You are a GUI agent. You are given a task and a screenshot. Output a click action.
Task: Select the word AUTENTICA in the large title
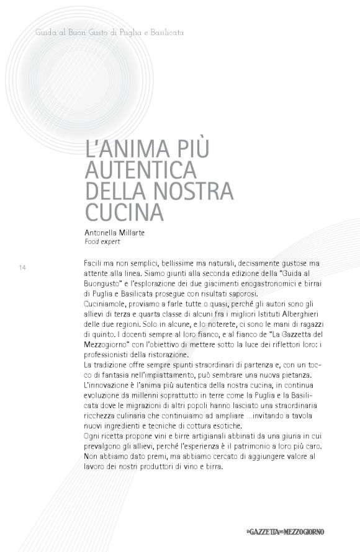[x=140, y=169]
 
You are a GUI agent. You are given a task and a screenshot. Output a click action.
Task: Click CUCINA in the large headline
[x=124, y=211]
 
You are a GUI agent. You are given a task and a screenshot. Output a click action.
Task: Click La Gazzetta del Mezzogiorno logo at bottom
[x=284, y=531]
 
